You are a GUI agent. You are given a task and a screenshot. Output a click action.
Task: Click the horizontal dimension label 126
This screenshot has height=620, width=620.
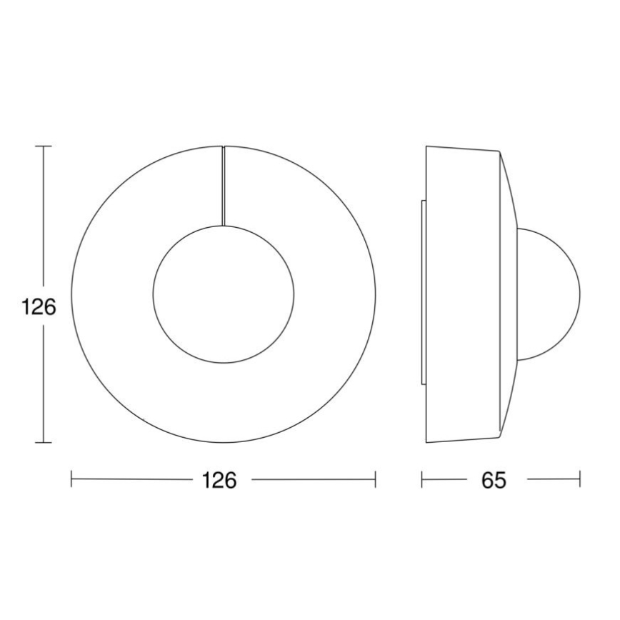pos(219,481)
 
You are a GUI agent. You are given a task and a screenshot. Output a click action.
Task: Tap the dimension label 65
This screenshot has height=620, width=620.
pos(493,481)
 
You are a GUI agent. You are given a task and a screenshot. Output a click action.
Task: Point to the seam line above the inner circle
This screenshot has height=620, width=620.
pos(224,186)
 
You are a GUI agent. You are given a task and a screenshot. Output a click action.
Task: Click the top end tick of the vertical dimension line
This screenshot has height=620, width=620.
pos(44,146)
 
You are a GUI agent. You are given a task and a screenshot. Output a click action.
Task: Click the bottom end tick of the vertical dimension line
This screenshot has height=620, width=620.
pos(44,443)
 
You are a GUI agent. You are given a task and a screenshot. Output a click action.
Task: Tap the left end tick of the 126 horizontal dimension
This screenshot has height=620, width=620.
pos(71,480)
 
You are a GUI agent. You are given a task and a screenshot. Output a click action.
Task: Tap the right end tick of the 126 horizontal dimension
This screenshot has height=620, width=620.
pos(376,480)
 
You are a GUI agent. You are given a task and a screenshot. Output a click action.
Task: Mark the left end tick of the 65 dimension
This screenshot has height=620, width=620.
pos(422,480)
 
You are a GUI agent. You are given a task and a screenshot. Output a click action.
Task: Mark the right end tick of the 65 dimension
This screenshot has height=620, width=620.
pos(580,480)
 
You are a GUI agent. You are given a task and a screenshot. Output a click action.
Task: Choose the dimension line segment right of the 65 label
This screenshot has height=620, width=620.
pos(554,480)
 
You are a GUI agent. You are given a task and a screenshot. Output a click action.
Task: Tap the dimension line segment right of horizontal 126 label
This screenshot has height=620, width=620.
pos(314,480)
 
